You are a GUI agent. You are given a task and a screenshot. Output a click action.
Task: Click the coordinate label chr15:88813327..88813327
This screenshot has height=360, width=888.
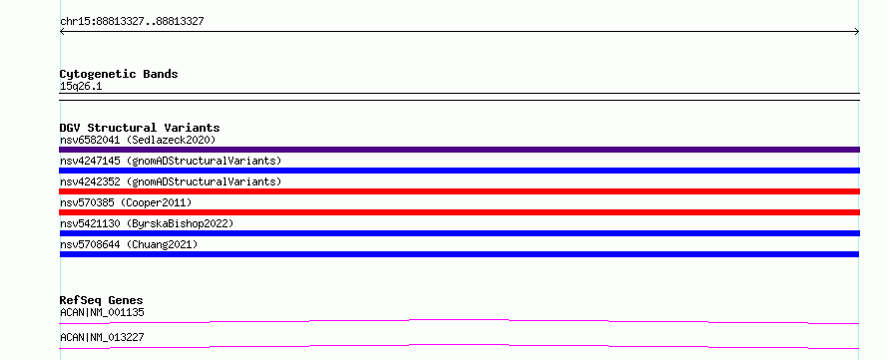coord(132,22)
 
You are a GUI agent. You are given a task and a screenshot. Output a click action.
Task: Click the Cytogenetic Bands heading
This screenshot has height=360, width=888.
coord(119,74)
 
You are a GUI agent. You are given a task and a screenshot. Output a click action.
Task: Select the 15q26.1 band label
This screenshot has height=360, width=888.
coord(81,87)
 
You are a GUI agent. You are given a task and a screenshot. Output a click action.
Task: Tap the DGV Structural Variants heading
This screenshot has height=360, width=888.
coord(140,128)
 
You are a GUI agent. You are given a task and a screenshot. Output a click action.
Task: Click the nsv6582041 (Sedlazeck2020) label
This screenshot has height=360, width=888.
coord(138,140)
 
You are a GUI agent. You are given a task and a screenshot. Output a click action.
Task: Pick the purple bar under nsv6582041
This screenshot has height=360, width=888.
coord(459,150)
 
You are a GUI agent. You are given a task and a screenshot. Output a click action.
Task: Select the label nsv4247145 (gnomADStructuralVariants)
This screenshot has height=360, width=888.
coord(171,161)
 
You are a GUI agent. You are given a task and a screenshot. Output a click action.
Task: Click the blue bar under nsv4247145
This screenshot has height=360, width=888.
coord(459,171)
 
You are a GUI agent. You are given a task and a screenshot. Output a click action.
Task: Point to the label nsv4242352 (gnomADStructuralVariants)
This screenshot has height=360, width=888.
coord(171,181)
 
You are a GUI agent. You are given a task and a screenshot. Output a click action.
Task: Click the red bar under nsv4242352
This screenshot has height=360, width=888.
coord(459,191)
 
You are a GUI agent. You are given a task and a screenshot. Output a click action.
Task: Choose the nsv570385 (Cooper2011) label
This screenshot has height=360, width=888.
coord(126,202)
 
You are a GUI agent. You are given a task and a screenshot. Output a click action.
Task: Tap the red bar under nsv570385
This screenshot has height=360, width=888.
coord(459,212)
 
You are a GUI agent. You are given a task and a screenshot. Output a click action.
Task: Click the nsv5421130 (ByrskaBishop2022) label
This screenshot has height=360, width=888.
coord(147,223)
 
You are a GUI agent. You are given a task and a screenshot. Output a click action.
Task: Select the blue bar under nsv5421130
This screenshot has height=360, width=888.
coord(459,233)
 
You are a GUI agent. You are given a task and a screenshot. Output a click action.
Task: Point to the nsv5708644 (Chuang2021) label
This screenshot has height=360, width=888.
coord(129,244)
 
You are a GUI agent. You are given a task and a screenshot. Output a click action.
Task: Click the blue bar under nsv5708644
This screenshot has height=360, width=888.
coord(459,254)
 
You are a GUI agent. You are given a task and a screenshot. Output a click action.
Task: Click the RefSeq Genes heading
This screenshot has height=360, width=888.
coord(102,300)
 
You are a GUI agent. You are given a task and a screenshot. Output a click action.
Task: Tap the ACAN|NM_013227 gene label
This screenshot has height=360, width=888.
coord(102,337)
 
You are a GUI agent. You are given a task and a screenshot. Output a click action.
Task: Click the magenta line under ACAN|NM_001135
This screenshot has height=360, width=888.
coord(459,320)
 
